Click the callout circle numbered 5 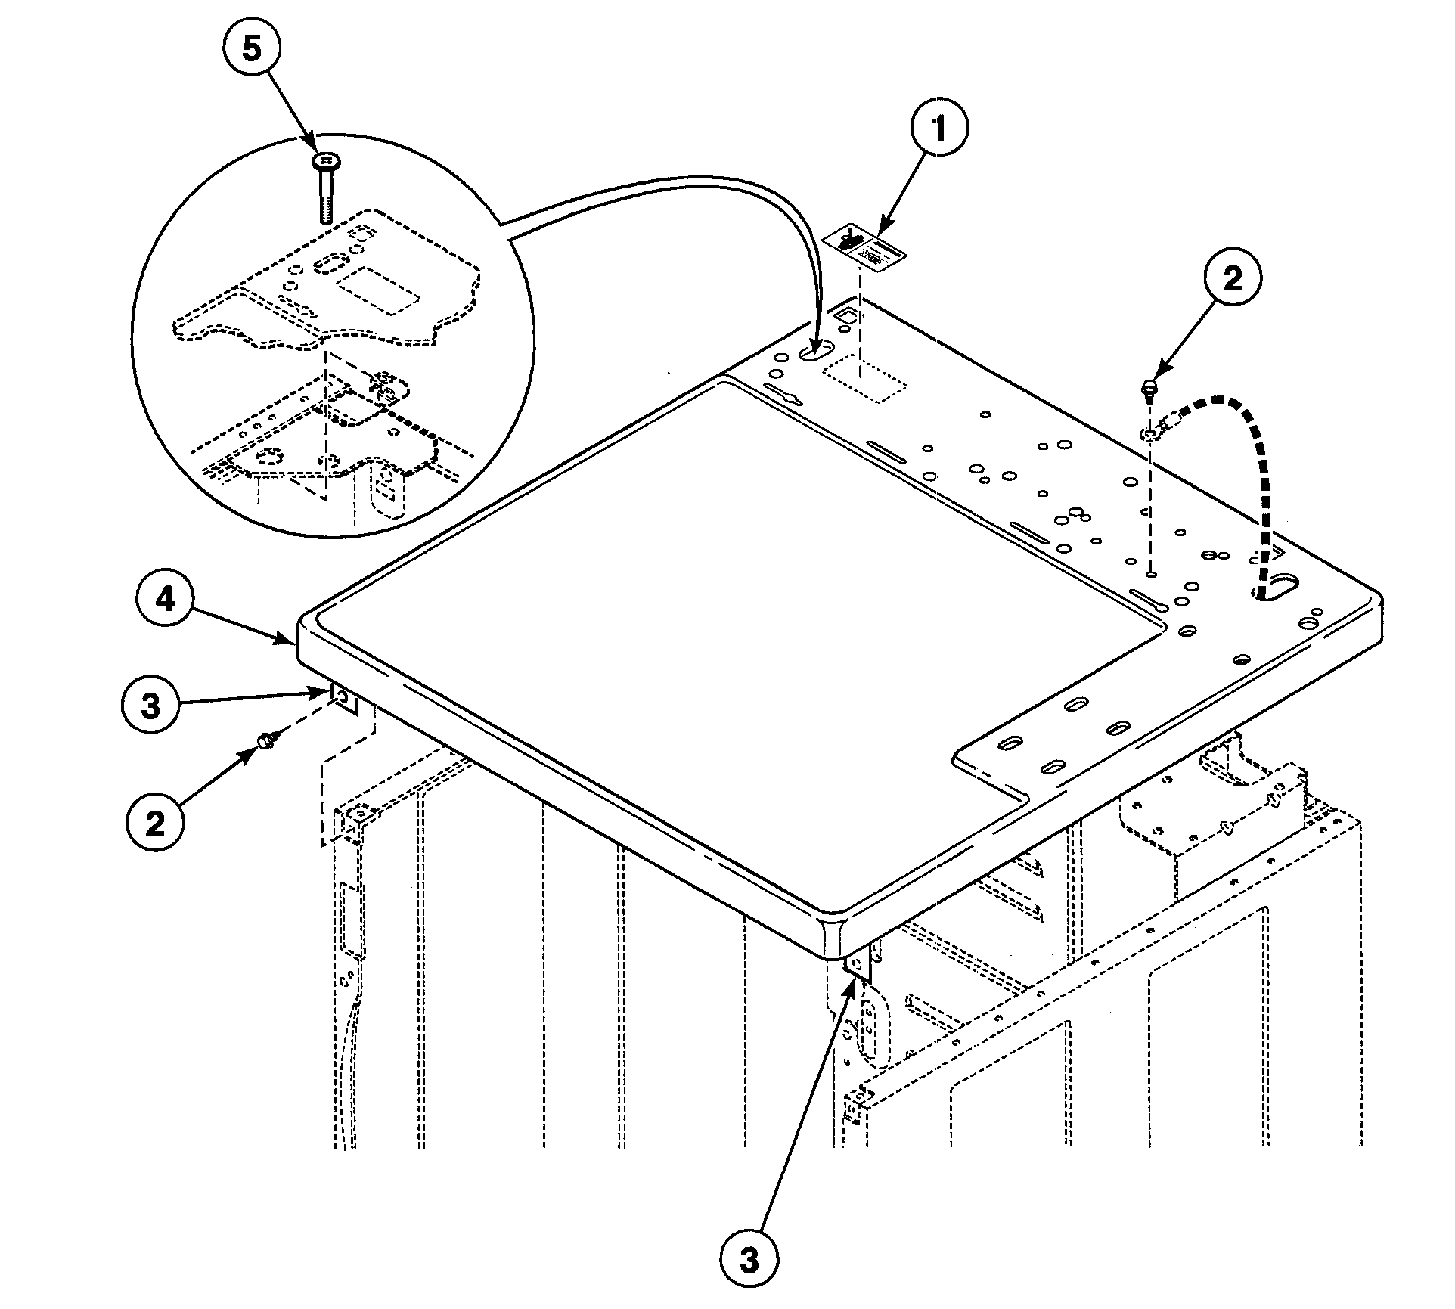(x=251, y=49)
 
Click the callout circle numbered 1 (x=938, y=129)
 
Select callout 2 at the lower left (x=155, y=824)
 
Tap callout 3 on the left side (x=151, y=706)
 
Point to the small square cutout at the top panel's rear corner (x=847, y=313)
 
